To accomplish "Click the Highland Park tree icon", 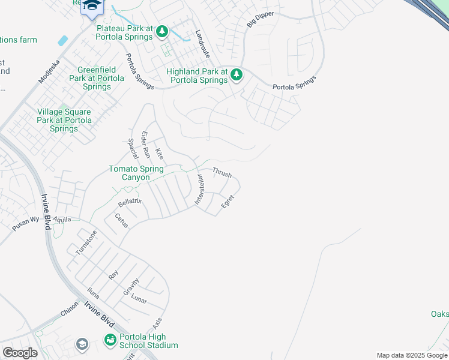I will point(237,74).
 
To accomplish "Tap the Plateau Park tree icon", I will point(163,31).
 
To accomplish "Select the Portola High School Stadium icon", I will point(110,340).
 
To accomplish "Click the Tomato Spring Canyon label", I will point(136,173).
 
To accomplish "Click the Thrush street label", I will point(222,173).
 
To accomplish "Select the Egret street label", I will point(228,202).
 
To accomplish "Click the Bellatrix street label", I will point(130,202).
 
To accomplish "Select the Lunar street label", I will point(139,299).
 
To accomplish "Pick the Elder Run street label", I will point(145,145).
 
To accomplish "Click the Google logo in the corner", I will point(20,353).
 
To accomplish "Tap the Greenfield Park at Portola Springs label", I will point(97,79).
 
